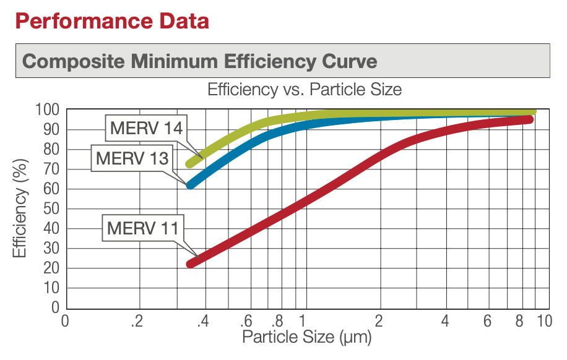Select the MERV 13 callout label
(x=132, y=159)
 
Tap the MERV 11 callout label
(x=142, y=228)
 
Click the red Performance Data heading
(x=111, y=21)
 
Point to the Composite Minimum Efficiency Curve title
(x=199, y=61)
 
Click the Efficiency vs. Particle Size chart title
(x=304, y=90)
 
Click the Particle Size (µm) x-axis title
(x=306, y=337)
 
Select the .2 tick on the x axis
(x=137, y=322)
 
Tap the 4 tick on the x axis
(x=445, y=322)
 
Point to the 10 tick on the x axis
(x=544, y=322)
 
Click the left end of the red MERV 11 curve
(x=191, y=264)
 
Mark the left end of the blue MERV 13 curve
(x=191, y=184)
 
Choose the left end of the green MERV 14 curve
(x=190, y=164)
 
